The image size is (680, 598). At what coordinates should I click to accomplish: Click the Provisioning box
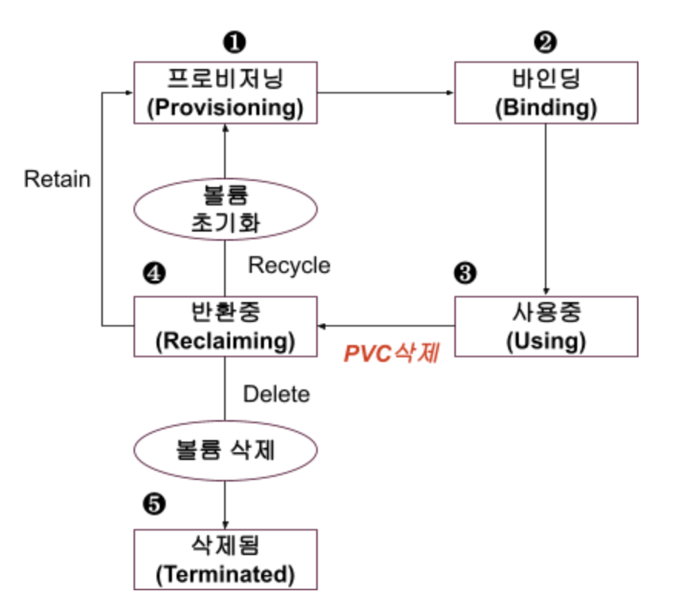click(x=226, y=93)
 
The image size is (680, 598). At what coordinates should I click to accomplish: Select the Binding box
click(x=546, y=93)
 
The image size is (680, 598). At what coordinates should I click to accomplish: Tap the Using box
click(x=546, y=327)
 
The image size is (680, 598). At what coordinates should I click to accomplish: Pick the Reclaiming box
click(x=226, y=327)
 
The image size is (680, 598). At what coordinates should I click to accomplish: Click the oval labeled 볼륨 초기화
click(x=226, y=207)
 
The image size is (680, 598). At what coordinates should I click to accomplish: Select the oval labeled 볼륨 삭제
click(x=226, y=450)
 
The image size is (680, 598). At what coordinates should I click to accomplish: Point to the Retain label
click(x=57, y=179)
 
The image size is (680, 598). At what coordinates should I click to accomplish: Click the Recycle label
click(x=289, y=265)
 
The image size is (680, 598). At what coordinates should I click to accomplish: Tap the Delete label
click(x=276, y=394)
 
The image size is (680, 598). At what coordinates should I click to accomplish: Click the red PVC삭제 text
click(x=391, y=353)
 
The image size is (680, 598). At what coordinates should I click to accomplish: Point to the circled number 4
click(x=154, y=272)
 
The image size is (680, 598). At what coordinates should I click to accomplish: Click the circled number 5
click(x=154, y=504)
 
